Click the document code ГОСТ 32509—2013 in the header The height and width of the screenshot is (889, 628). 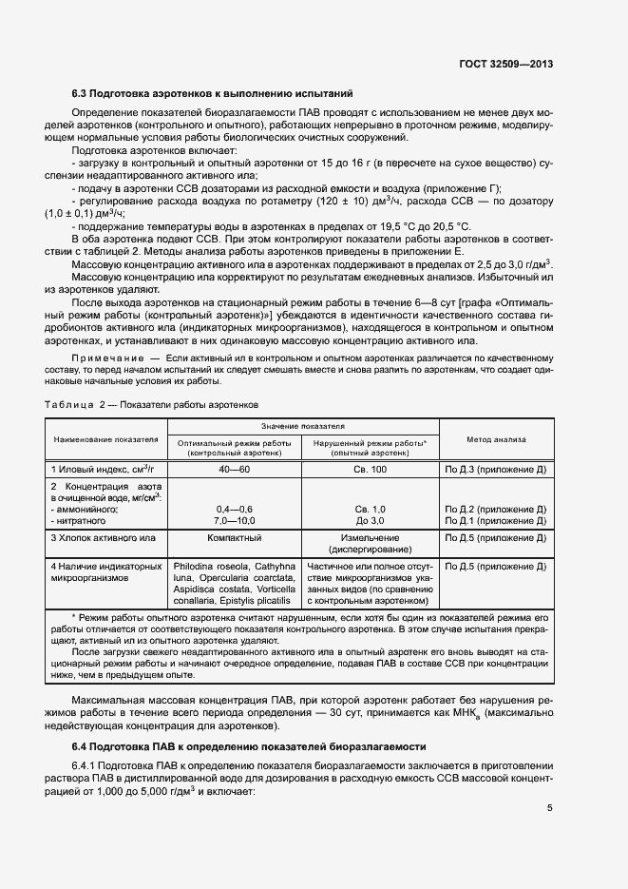pyautogui.click(x=503, y=65)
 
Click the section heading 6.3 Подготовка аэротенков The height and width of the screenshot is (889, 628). pyautogui.click(x=213, y=93)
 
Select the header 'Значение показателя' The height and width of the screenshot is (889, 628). pyautogui.click(x=302, y=427)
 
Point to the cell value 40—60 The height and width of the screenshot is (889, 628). pyautogui.click(x=233, y=470)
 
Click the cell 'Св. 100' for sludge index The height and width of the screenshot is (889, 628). pyautogui.click(x=370, y=470)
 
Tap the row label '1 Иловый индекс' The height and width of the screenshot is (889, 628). pyautogui.click(x=102, y=470)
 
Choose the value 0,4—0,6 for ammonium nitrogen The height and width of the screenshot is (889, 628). pyautogui.click(x=234, y=510)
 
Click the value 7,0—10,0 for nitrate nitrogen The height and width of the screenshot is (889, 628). pyautogui.click(x=234, y=521)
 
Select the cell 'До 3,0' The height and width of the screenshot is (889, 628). pyautogui.click(x=370, y=521)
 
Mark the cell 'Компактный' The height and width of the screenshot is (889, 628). pyautogui.click(x=234, y=538)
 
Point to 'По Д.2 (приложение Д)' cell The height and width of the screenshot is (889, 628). pyautogui.click(x=495, y=510)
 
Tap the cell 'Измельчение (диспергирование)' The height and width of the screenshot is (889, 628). pyautogui.click(x=370, y=544)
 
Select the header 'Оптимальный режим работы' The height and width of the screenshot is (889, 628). pyautogui.click(x=234, y=443)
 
